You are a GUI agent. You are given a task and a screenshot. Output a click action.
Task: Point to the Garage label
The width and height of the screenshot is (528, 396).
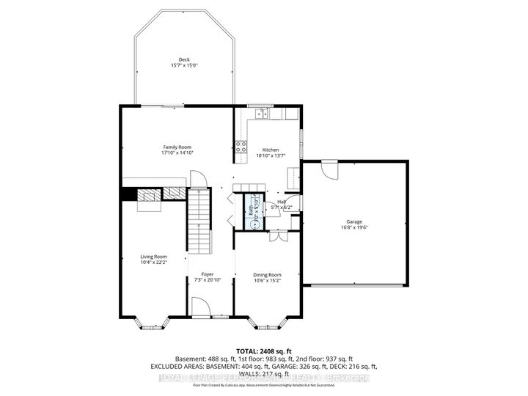point(354,221)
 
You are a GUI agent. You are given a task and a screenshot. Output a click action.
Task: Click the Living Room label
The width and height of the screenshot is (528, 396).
point(154,257)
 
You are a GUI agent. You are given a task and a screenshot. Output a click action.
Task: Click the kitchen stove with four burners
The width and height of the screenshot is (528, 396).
point(240,145)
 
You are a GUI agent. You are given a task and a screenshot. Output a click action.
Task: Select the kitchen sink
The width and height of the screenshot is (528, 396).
point(260,114)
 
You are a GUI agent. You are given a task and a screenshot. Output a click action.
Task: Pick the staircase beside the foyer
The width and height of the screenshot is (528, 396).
point(199,220)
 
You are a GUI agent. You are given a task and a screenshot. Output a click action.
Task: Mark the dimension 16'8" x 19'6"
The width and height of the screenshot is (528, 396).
point(354,227)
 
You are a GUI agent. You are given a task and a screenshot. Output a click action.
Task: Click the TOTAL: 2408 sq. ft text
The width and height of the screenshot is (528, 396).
point(264,350)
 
